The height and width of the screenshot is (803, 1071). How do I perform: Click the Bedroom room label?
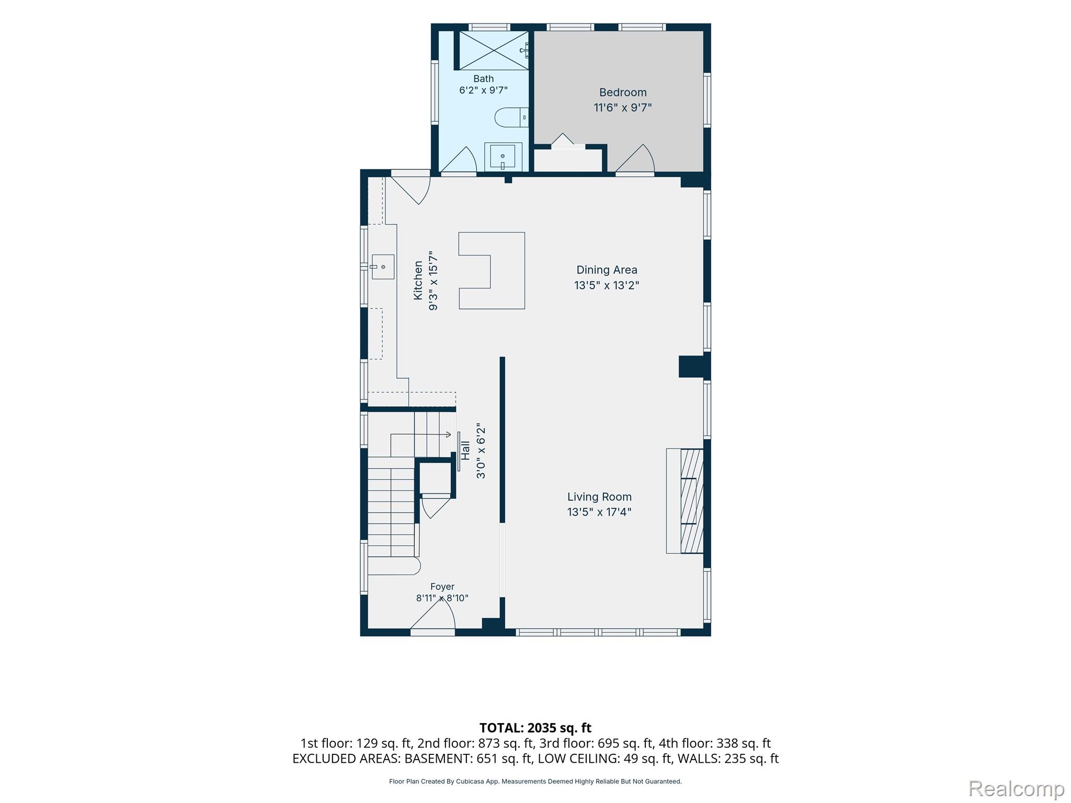(x=622, y=93)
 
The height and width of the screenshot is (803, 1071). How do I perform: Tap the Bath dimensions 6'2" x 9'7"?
(x=483, y=90)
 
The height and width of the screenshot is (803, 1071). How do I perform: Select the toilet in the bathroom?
(x=511, y=117)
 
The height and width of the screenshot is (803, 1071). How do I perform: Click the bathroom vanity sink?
(x=503, y=156)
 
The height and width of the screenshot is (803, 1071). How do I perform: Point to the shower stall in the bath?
(x=494, y=50)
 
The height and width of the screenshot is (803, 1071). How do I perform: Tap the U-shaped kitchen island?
(x=492, y=271)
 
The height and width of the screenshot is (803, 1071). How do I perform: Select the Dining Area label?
(x=607, y=270)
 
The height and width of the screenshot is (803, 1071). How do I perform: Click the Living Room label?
(x=599, y=497)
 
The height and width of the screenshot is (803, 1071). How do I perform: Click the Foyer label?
(x=442, y=587)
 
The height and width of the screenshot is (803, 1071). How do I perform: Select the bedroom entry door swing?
(x=635, y=158)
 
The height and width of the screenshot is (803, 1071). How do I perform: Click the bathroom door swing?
(x=459, y=159)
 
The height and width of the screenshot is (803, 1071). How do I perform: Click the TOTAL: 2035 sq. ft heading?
(x=535, y=728)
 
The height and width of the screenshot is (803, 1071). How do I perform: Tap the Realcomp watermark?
(x=1016, y=789)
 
